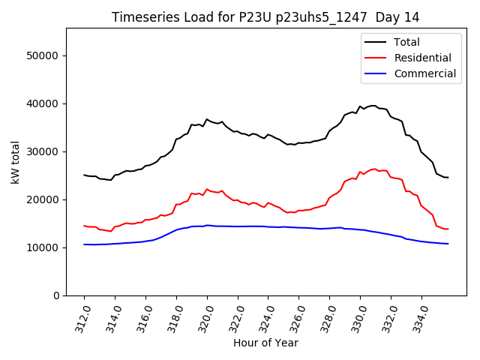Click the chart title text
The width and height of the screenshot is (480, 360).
265,16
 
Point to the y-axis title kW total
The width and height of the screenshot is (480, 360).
14,162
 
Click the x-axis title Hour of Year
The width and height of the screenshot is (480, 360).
265,343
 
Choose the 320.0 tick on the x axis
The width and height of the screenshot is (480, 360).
205,317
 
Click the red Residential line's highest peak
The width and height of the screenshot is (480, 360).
374,169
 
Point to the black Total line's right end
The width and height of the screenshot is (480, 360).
448,178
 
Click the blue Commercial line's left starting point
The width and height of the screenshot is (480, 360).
84,244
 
